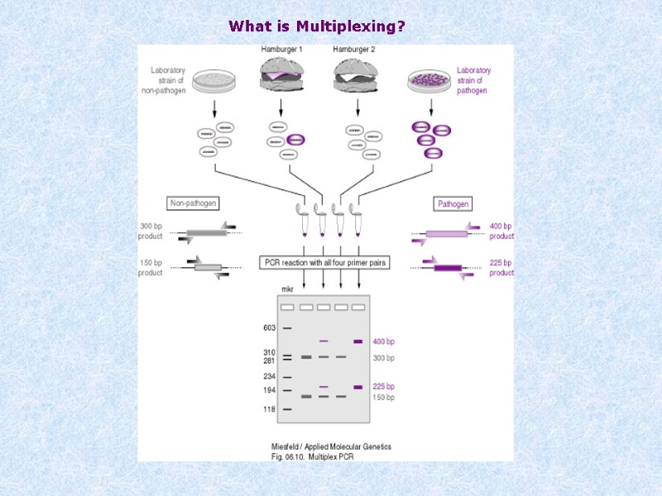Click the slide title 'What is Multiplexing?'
point(317,26)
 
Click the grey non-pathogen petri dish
point(214,81)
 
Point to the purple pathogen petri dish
point(430,80)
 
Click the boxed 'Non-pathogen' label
point(194,203)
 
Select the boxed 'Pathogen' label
point(453,203)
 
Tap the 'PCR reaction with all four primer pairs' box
point(324,263)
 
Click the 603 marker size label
point(269,328)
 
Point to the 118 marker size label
point(269,409)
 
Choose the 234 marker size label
point(269,377)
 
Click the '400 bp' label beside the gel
point(385,341)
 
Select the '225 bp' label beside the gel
point(385,386)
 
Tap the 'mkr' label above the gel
point(289,289)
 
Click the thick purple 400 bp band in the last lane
point(358,341)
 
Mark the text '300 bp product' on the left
point(151,231)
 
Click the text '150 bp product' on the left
point(151,268)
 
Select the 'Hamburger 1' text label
point(281,50)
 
